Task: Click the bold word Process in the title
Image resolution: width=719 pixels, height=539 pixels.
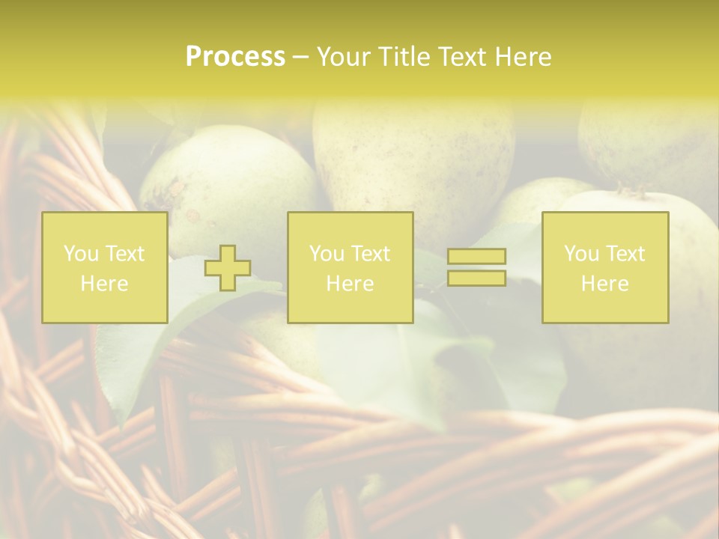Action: [x=235, y=57]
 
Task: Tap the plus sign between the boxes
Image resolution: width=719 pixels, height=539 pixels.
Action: [x=228, y=268]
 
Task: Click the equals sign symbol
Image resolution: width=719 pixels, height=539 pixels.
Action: [x=476, y=267]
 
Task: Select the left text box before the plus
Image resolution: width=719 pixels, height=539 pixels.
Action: [x=104, y=267]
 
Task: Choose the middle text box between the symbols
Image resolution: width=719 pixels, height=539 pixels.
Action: [x=350, y=267]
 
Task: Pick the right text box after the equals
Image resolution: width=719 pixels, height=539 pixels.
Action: [x=604, y=267]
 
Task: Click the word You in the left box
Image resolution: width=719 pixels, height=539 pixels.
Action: [x=80, y=254]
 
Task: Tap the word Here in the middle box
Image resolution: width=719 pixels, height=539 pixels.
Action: [x=350, y=284]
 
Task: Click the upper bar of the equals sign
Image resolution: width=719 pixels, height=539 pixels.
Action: [x=476, y=257]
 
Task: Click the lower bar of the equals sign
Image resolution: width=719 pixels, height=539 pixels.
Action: [x=476, y=278]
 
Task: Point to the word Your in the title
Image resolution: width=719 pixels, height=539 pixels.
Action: [x=343, y=57]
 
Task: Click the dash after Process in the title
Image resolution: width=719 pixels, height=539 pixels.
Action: [x=300, y=58]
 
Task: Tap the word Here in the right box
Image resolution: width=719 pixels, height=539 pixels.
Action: [x=604, y=284]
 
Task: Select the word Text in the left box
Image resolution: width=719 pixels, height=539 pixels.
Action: [x=124, y=254]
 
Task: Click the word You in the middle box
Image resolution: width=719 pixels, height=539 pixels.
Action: [x=326, y=254]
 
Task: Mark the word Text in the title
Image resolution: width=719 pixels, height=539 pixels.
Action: [x=458, y=57]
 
